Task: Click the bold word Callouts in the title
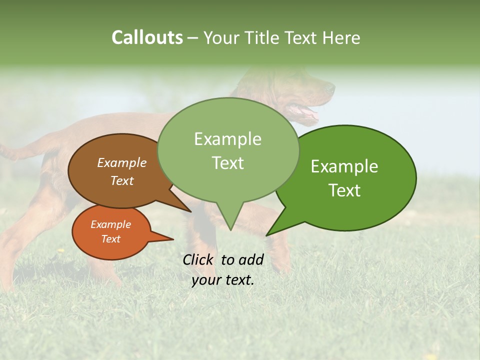(x=147, y=37)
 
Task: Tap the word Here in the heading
(x=340, y=37)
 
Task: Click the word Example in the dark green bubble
(x=344, y=166)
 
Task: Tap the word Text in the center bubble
(x=227, y=163)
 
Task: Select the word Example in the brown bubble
(x=122, y=163)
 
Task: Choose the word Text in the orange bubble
(x=111, y=239)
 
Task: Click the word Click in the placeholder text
(x=199, y=259)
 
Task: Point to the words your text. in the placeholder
(x=223, y=280)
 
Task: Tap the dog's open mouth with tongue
(x=306, y=112)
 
